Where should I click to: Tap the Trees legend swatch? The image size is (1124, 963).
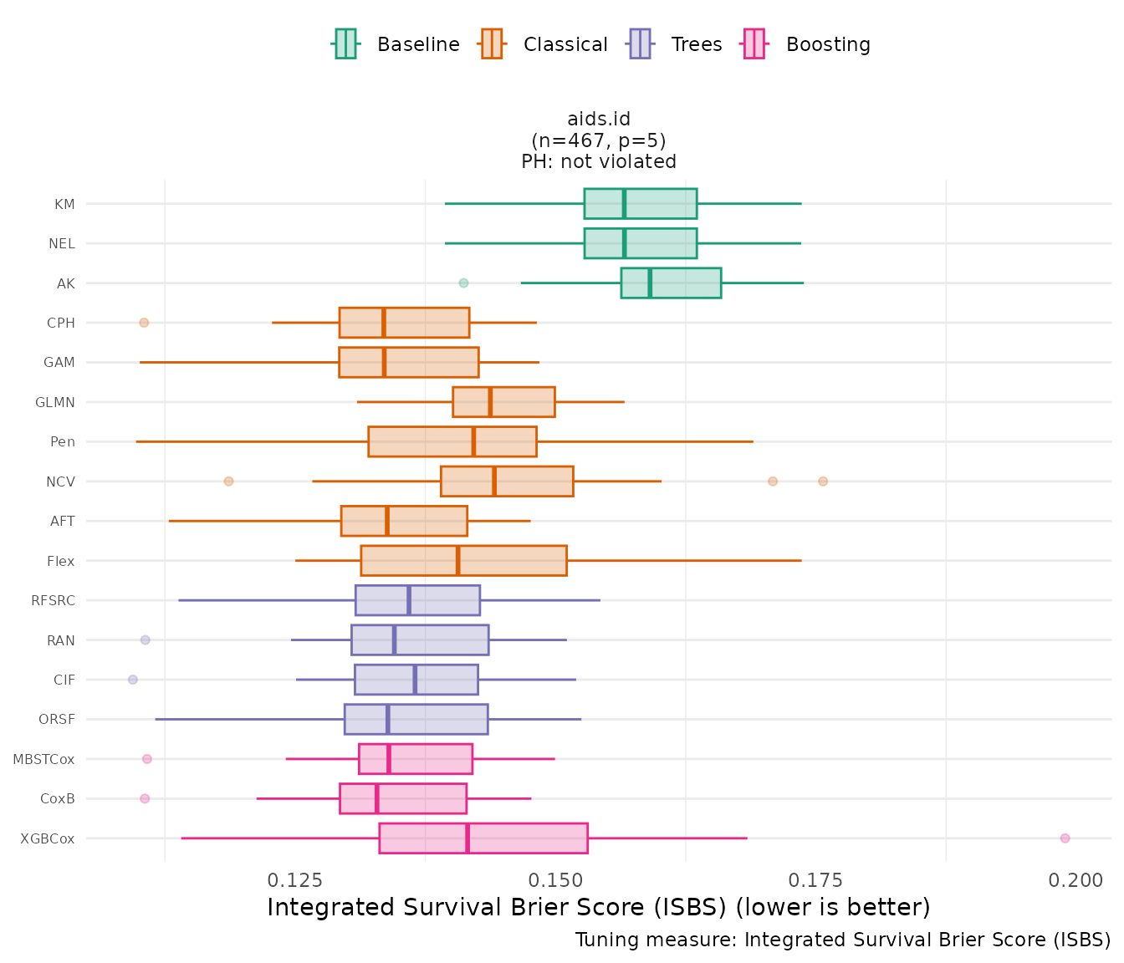pos(640,43)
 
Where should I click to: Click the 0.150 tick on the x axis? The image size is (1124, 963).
pos(555,880)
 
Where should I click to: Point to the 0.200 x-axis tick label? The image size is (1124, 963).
pos(1075,880)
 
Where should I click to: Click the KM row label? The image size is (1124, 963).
pos(64,204)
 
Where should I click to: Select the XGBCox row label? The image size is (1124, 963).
pos(48,838)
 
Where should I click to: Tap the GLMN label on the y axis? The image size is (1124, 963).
pos(55,402)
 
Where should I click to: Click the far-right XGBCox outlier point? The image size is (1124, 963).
pos(1065,838)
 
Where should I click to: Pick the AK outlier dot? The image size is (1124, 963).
pos(464,283)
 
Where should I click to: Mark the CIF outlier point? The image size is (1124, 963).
pos(133,680)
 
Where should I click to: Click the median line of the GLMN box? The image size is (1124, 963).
pos(490,402)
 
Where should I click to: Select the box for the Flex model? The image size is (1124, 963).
pos(463,560)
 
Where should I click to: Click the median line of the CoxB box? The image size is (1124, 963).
pos(376,798)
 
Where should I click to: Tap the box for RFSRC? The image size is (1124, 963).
pos(417,600)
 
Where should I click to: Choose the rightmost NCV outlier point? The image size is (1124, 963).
pos(823,481)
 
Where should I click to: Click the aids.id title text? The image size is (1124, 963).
pos(599,120)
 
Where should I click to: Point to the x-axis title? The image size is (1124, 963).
pos(598,907)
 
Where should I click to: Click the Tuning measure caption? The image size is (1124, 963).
pos(842,940)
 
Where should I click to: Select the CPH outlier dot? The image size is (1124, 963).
pos(144,323)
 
